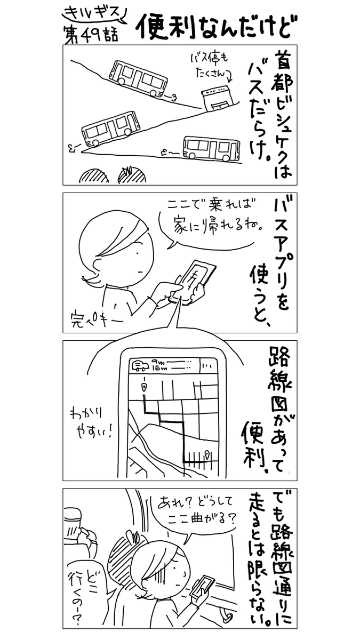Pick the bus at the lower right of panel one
tap(211, 148)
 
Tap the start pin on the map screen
tap(144, 386)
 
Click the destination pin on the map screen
tap(206, 454)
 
